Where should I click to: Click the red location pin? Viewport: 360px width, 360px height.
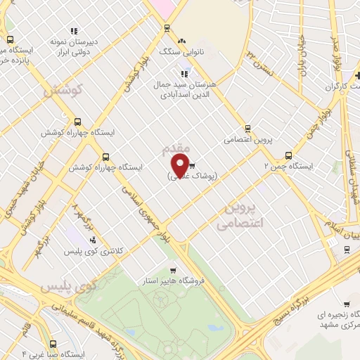point(180,164)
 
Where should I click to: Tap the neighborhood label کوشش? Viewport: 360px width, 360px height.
point(63,91)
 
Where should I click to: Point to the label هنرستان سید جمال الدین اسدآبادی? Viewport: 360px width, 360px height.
point(186,89)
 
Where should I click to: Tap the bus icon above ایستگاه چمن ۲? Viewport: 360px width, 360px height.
point(288,155)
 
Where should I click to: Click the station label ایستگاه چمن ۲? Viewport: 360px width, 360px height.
point(288,167)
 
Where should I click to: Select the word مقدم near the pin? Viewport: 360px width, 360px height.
point(175,150)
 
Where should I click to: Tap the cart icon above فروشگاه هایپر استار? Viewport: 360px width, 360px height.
point(173,270)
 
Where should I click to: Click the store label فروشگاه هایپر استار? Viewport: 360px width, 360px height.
point(172,281)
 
